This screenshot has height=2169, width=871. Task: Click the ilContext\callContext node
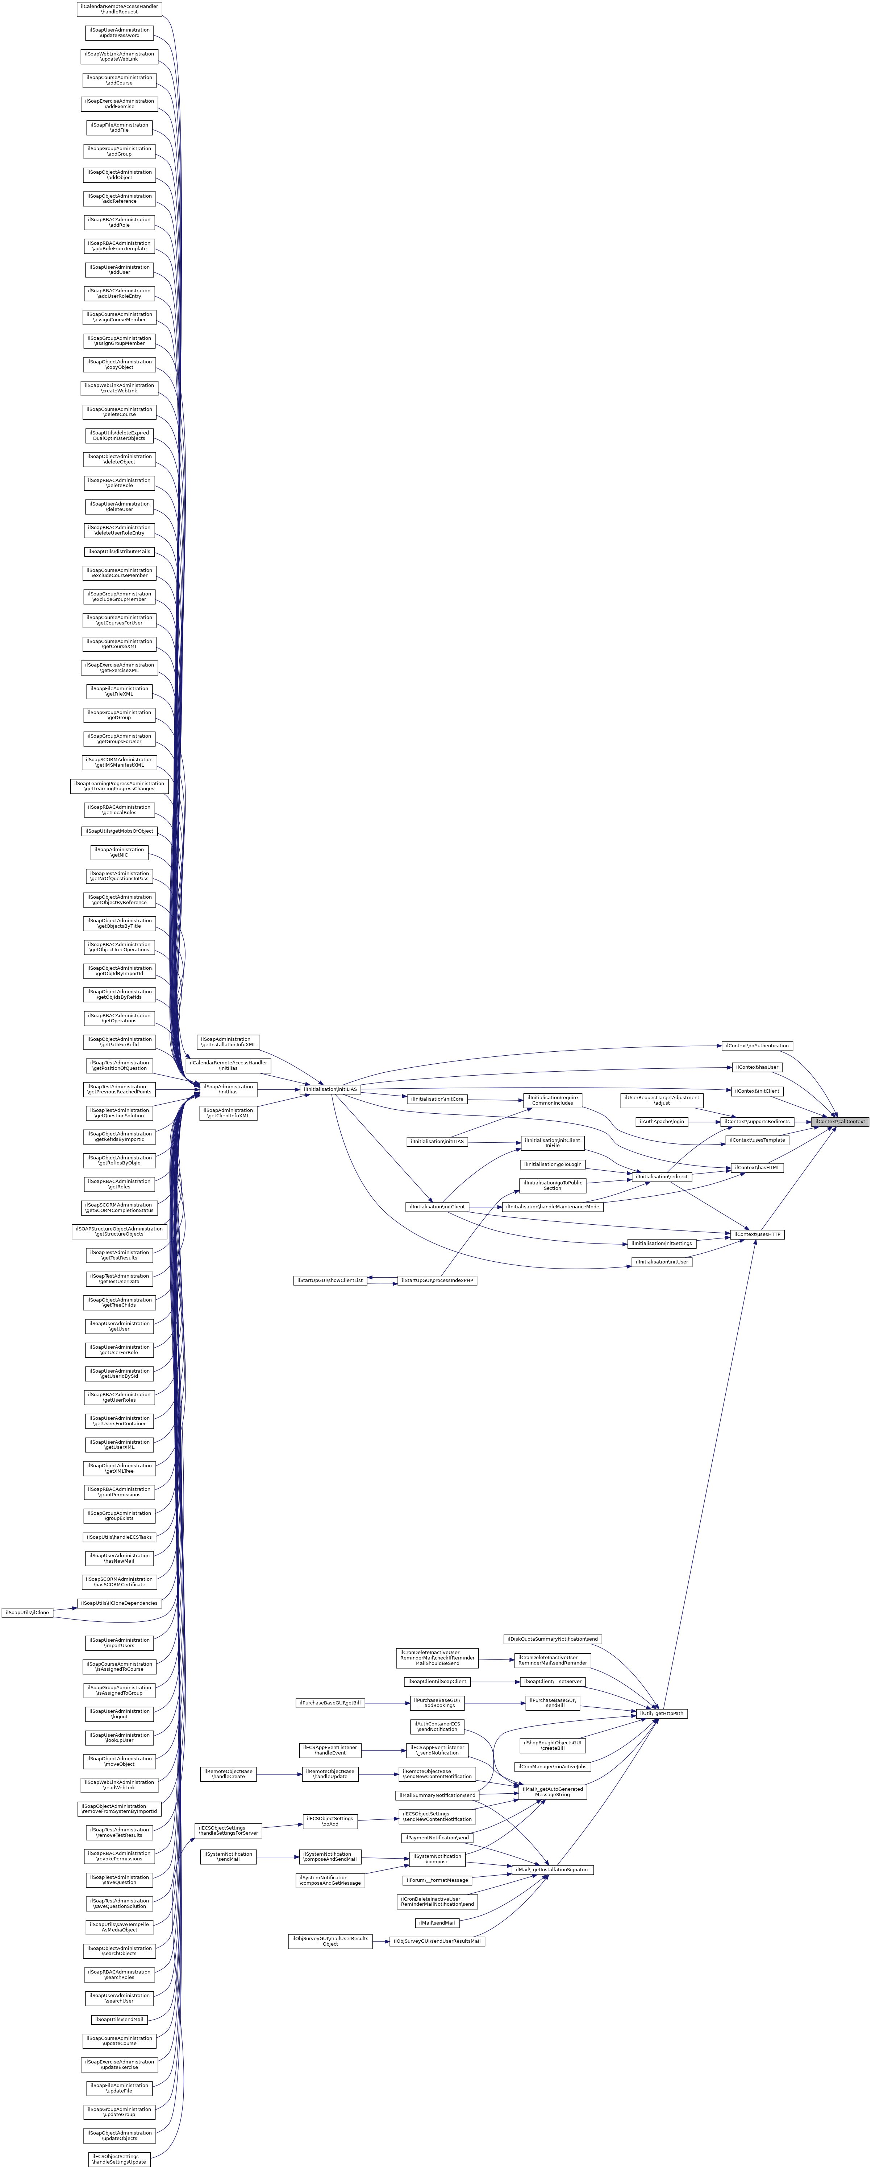click(x=839, y=1122)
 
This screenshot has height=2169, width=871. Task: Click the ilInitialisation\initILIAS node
click(x=331, y=1089)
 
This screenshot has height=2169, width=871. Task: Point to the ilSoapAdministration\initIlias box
click(x=227, y=1089)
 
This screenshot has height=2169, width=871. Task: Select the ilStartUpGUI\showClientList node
click(x=330, y=1280)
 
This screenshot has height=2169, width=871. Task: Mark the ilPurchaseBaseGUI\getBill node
click(x=330, y=1703)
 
